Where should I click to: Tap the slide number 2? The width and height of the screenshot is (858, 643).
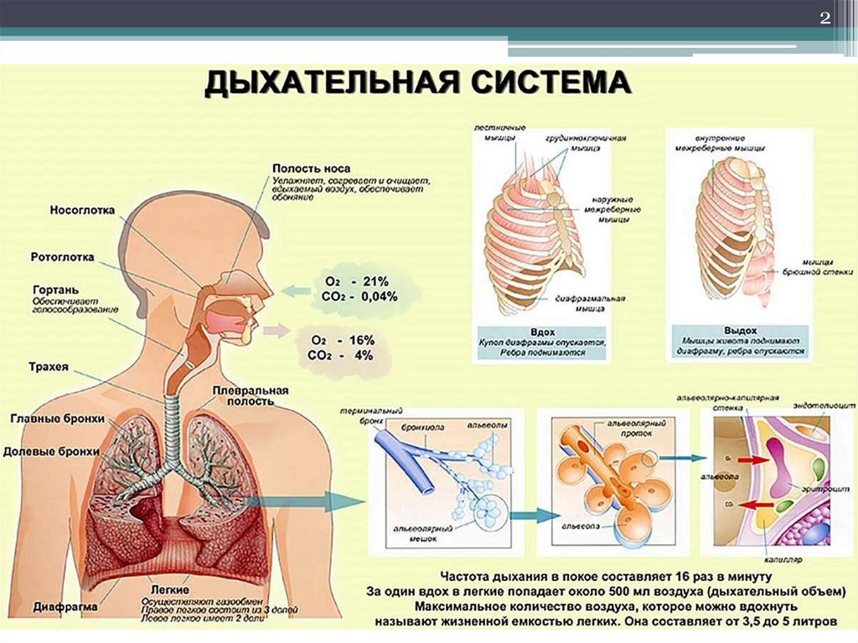pos(824,18)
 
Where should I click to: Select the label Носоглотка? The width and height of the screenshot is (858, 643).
pos(82,211)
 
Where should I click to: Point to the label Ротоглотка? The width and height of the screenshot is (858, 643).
pos(62,257)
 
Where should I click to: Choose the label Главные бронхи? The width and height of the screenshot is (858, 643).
pos(58,418)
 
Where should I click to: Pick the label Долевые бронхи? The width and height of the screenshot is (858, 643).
pos(53,452)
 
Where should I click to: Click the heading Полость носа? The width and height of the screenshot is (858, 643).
pos(311,169)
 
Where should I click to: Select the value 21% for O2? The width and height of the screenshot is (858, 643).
pos(376,281)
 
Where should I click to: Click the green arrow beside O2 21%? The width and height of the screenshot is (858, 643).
pos(294,291)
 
